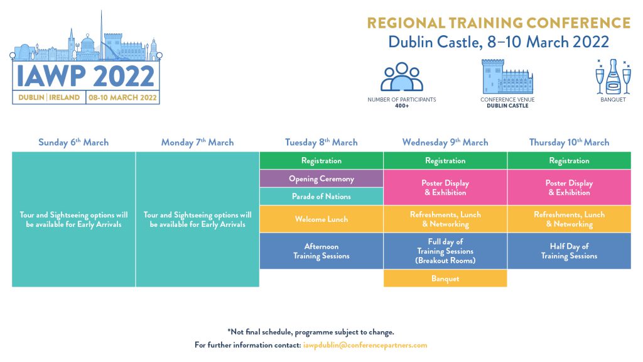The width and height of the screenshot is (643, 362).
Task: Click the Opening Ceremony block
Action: coord(321,178)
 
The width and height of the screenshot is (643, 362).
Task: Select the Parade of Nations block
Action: coord(321,196)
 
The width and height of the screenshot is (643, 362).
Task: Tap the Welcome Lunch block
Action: coord(321,219)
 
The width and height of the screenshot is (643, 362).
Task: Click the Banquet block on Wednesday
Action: coord(445,278)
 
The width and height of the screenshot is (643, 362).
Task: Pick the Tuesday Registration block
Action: coord(321,160)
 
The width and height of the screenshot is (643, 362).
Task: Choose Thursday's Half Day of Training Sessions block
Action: coord(569,251)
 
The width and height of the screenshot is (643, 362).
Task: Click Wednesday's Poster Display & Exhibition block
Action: coord(445,187)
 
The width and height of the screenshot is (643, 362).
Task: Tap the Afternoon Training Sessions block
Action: coord(321,251)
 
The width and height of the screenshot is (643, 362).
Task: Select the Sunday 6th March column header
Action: coord(73,142)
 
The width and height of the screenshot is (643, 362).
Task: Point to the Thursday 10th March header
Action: coord(569,142)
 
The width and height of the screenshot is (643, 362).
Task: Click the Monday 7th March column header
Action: coord(197,142)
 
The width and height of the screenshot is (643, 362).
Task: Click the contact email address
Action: coord(365,345)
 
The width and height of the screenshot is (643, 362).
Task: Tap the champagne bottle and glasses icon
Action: coord(613,77)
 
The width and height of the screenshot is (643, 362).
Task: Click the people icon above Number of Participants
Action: coord(402,77)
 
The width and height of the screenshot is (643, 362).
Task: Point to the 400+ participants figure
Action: coord(402,106)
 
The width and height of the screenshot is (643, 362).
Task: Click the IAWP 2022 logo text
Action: coord(85,76)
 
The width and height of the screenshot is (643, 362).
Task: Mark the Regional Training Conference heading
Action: coord(499,23)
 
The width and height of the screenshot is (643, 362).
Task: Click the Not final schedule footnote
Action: coord(311,332)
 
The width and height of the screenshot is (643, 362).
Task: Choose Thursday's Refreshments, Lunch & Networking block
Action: coord(569,219)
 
